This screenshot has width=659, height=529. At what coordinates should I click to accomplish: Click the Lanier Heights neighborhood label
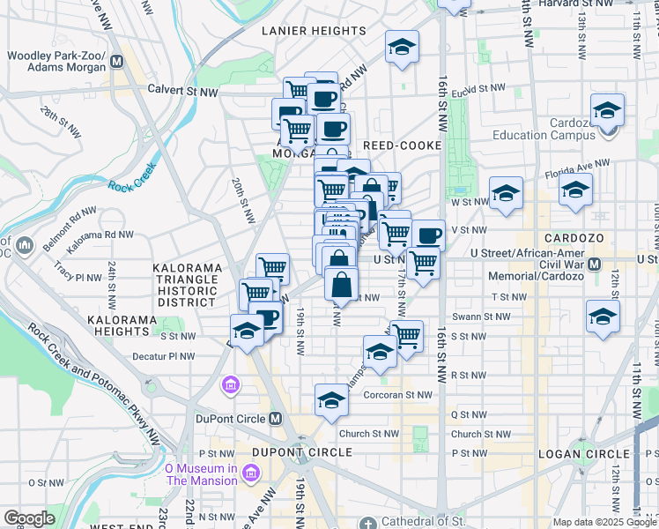coord(314,31)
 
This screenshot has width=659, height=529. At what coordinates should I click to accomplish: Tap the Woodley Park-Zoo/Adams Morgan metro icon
coord(117,63)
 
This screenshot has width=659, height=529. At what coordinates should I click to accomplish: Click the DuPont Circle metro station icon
coord(276,418)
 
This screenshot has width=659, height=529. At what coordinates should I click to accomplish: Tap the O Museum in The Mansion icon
coord(251,474)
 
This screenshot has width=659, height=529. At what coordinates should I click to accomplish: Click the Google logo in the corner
coord(29,518)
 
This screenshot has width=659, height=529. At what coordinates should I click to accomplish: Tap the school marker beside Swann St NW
coord(603,317)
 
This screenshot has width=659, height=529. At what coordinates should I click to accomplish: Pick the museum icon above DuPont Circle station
coord(231,384)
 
